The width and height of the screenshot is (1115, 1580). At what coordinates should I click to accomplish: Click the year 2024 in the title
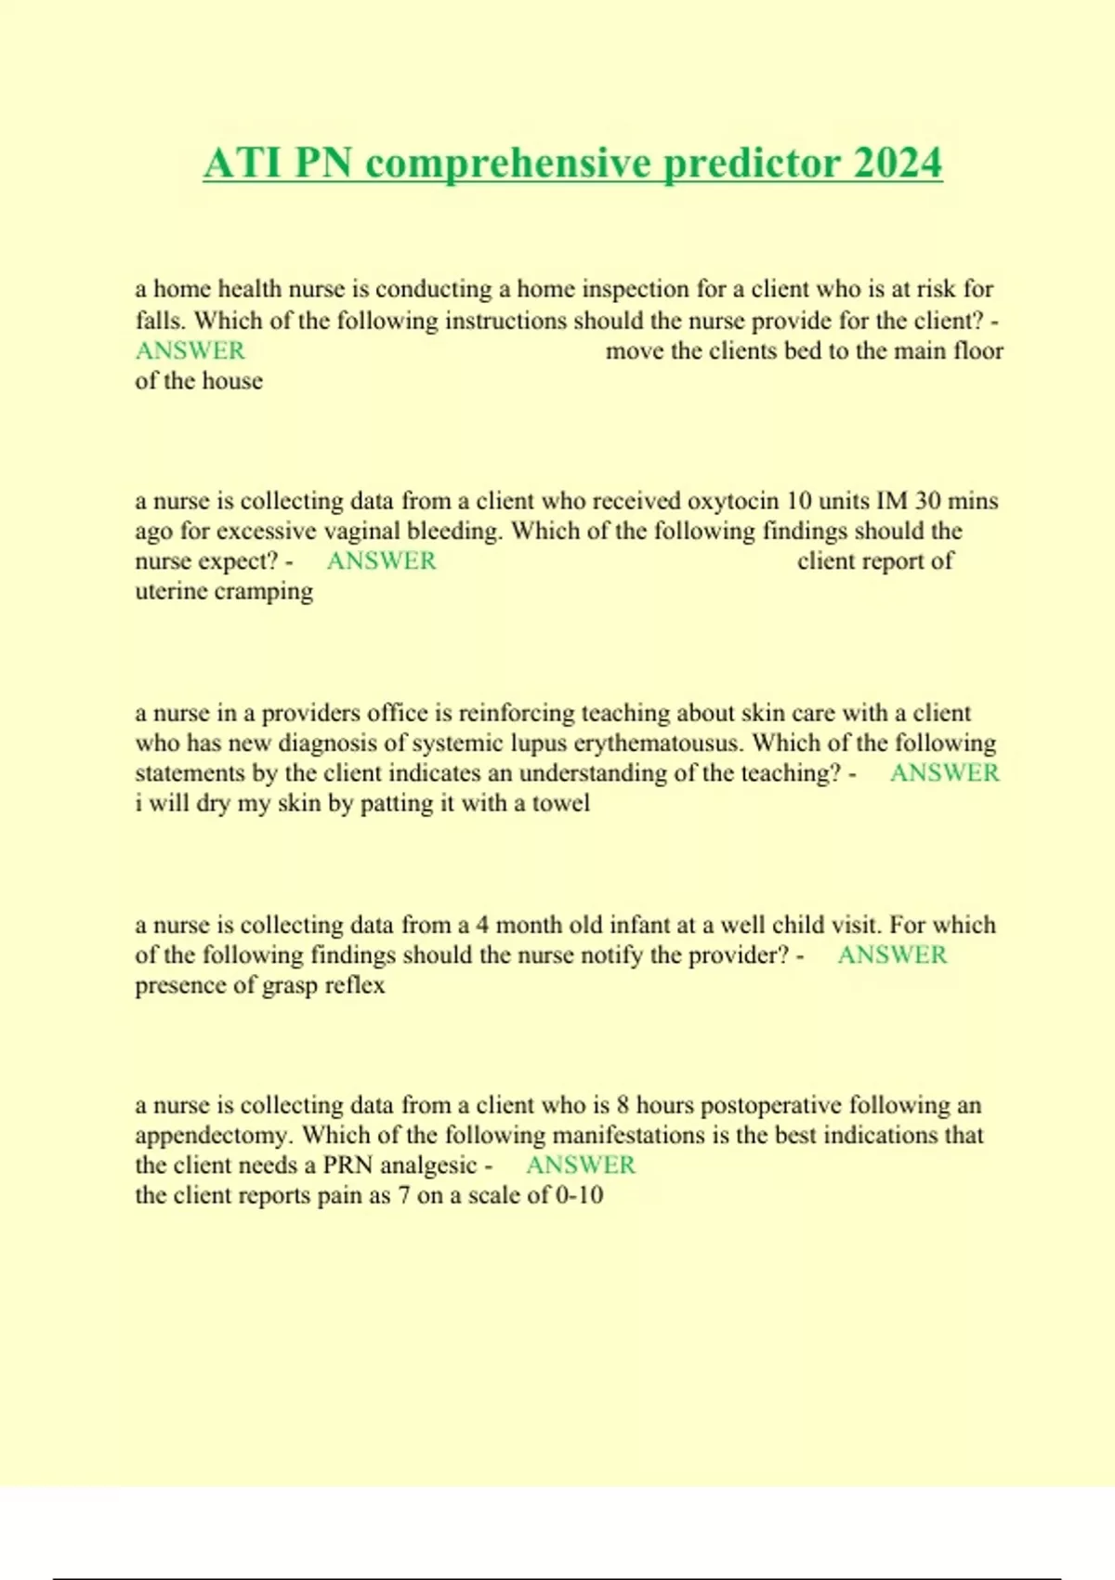pyautogui.click(x=898, y=164)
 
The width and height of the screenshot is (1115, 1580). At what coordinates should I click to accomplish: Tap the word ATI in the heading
pyautogui.click(x=243, y=164)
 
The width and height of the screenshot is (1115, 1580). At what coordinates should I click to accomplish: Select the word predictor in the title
pyautogui.click(x=751, y=164)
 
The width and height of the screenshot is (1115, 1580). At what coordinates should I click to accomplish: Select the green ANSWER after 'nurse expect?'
pyautogui.click(x=381, y=561)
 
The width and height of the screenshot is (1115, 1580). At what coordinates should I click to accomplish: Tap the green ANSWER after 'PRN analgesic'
pyautogui.click(x=581, y=1165)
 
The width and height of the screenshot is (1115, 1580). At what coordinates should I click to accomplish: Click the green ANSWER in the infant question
pyautogui.click(x=892, y=955)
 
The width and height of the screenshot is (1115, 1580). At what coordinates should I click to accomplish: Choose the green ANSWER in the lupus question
pyautogui.click(x=944, y=773)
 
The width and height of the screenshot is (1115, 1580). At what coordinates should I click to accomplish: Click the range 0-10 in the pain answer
pyautogui.click(x=579, y=1195)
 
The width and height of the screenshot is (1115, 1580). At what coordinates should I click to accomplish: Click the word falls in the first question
pyautogui.click(x=161, y=321)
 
